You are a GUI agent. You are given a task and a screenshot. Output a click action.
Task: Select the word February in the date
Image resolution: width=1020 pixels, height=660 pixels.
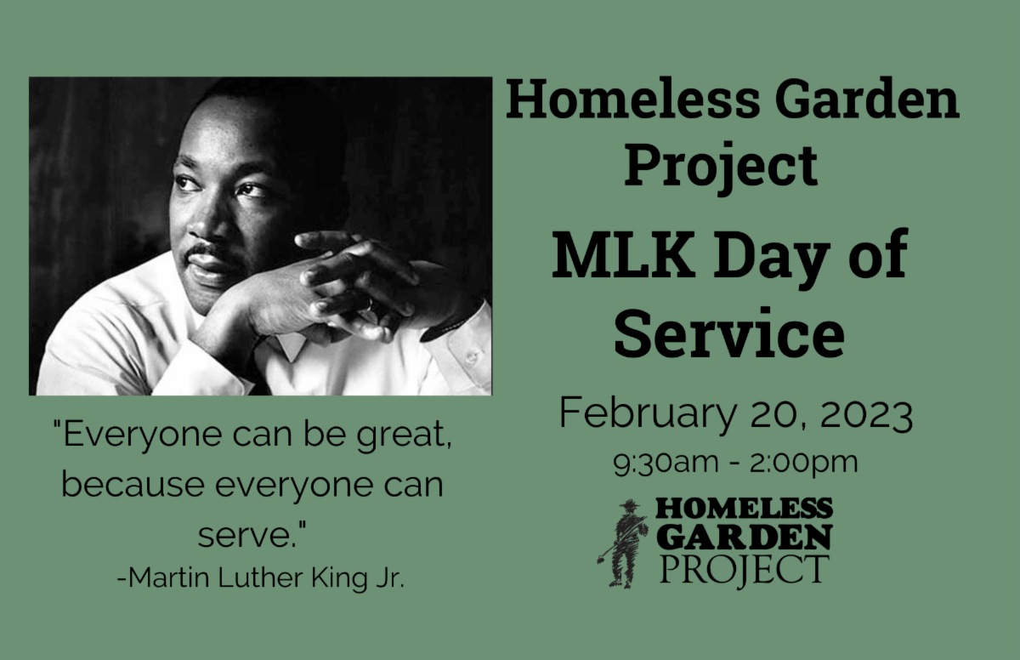coord(648,412)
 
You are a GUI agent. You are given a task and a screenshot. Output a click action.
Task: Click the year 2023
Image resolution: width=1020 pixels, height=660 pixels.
coord(866,414)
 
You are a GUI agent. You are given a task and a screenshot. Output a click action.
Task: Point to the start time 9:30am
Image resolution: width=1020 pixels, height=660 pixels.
coord(666,463)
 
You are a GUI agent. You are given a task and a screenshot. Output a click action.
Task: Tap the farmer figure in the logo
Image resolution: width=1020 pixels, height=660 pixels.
coord(623,543)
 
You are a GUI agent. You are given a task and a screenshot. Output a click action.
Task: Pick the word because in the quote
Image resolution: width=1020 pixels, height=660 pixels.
coord(133,484)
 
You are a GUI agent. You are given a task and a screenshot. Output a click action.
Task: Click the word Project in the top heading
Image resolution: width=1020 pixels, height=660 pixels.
coord(722,166)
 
